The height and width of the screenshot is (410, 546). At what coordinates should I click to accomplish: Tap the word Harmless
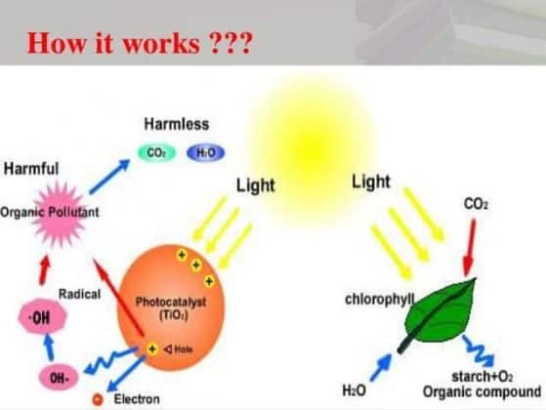pos(176,125)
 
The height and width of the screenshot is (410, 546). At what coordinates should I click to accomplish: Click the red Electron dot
pos(97,399)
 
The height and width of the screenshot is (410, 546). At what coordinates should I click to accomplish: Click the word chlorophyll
pos(380,297)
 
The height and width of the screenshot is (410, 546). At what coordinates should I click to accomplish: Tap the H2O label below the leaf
pos(354,390)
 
